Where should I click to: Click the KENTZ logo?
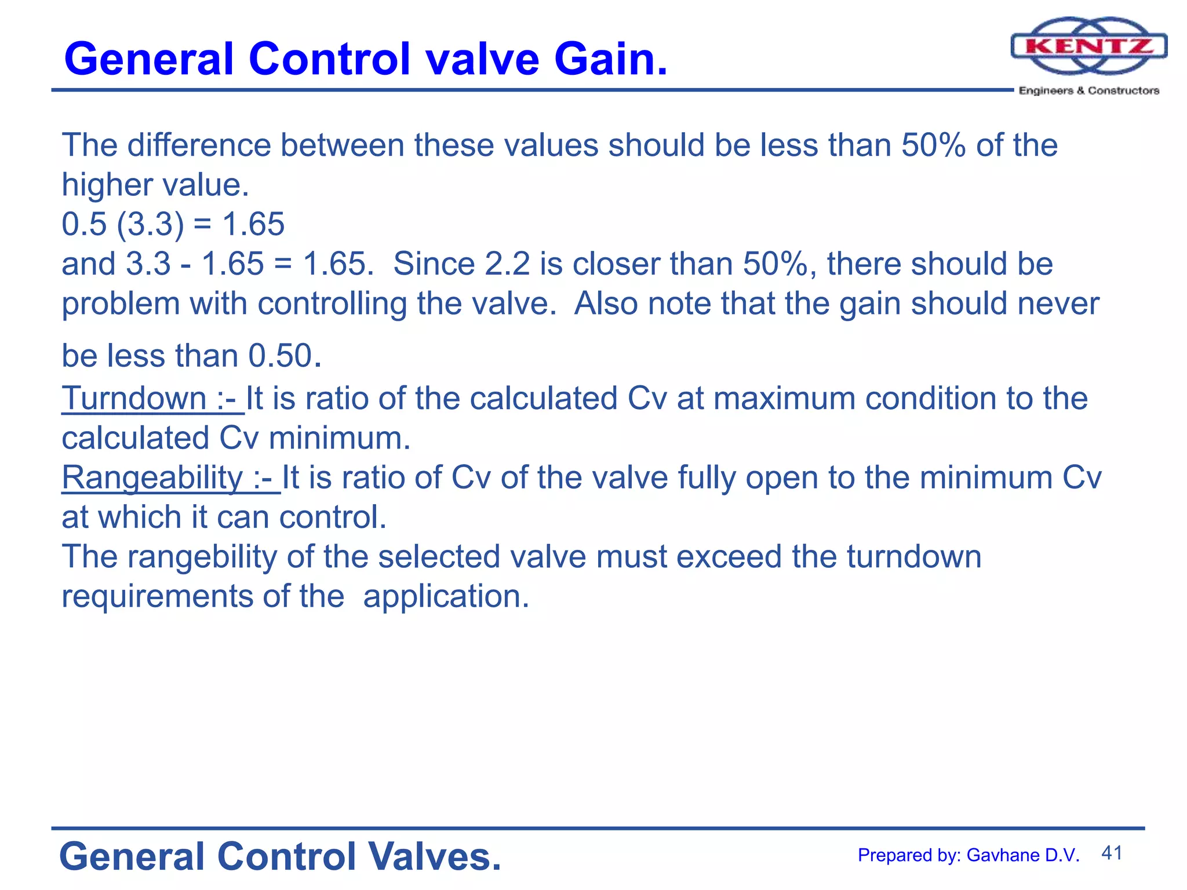tap(1088, 46)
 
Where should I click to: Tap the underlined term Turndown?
tap(134, 399)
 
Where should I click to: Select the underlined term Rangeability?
tap(152, 478)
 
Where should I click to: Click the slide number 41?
tap(1112, 853)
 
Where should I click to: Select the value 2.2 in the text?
tap(507, 264)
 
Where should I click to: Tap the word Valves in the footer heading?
tap(435, 857)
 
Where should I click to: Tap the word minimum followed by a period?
tap(339, 438)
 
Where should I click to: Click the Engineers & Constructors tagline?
tap(1088, 90)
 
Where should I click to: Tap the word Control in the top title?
tap(330, 59)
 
